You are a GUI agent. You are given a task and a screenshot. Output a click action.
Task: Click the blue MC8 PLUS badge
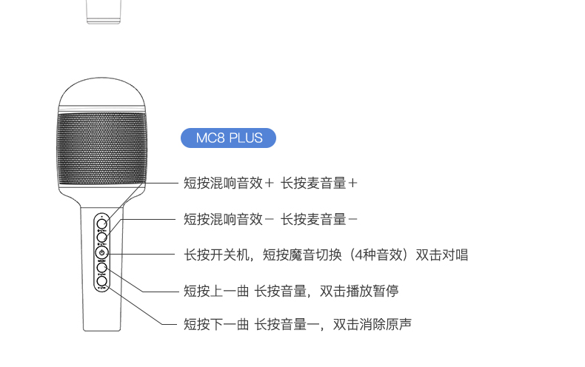click(x=228, y=138)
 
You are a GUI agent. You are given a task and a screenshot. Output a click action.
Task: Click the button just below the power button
click(x=101, y=268)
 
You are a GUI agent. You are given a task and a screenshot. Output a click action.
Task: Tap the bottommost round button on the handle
click(x=101, y=281)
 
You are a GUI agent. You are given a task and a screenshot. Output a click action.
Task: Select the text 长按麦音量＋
click(x=320, y=182)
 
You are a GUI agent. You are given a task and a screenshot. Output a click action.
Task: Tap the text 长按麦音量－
click(x=320, y=218)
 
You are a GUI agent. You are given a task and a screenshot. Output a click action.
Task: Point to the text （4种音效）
click(x=373, y=255)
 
